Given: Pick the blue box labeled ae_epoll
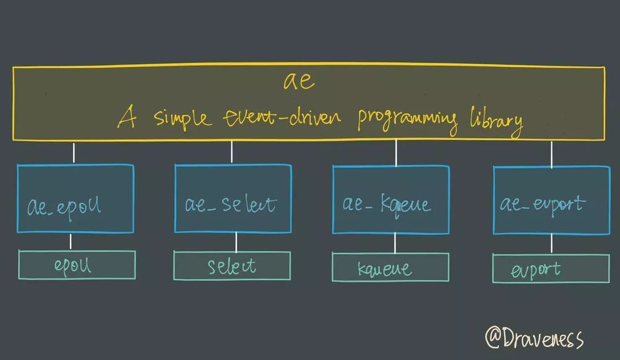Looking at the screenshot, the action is tap(75, 198).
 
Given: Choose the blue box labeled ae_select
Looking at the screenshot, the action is tap(232, 198).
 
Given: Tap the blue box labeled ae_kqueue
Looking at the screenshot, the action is tap(391, 200).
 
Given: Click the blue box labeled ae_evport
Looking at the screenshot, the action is tap(551, 200).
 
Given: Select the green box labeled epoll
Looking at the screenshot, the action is tap(77, 265).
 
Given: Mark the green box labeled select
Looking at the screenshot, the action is tap(232, 265).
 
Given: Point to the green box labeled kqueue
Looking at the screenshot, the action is tap(391, 267).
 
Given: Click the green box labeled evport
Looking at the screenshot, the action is tap(551, 268).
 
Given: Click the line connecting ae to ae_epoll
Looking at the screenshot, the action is tap(74, 152).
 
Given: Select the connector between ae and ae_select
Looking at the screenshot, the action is tap(232, 152).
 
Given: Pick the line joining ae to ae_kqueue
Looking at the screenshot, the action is tap(396, 152).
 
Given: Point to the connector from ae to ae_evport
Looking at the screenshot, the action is tap(551, 154).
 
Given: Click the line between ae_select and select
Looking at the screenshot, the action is tap(236, 242).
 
